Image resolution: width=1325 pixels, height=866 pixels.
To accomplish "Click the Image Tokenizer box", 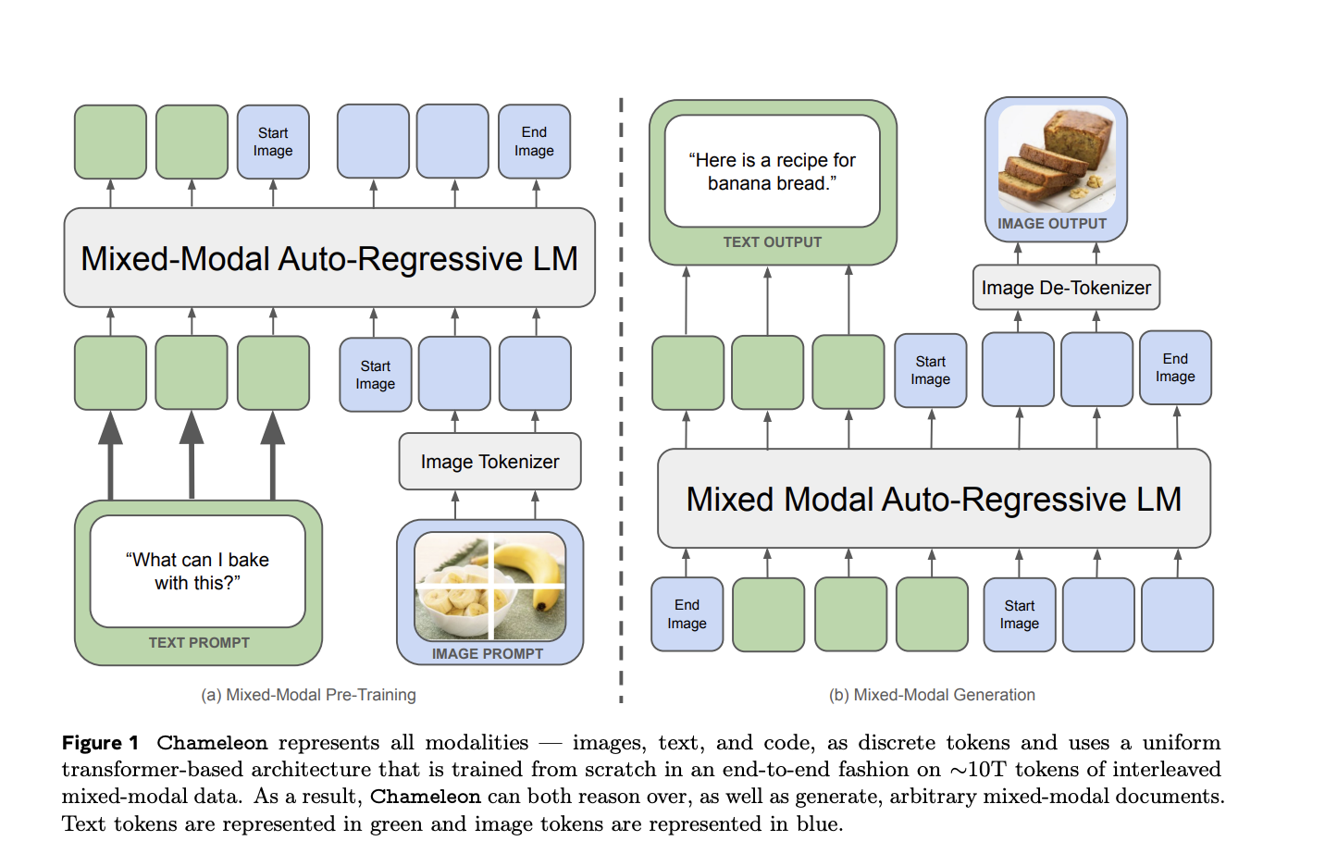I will [x=489, y=462].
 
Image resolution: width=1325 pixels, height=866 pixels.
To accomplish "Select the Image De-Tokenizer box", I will [x=1065, y=288].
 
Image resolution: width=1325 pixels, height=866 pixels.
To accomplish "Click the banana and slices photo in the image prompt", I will [x=489, y=586].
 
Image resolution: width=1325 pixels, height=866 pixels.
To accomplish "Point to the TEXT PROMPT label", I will [x=199, y=643].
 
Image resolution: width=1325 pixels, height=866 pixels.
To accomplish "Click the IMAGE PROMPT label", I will [x=488, y=654].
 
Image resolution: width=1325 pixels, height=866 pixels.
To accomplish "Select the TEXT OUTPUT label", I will [x=772, y=242].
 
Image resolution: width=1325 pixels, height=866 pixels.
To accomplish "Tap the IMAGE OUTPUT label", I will [x=1052, y=224].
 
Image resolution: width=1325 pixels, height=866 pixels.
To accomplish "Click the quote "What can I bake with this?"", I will [x=197, y=571].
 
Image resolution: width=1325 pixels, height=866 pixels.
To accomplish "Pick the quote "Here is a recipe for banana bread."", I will [x=772, y=172].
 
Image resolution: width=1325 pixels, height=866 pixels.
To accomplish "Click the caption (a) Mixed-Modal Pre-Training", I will [x=308, y=695].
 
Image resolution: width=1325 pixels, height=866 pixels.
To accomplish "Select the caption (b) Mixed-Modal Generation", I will [x=932, y=695].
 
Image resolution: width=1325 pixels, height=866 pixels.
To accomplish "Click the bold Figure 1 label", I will [x=100, y=743].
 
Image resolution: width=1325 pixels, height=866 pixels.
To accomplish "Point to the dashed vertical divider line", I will [x=621, y=398].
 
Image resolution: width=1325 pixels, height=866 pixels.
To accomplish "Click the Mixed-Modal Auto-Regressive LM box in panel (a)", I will [x=328, y=258].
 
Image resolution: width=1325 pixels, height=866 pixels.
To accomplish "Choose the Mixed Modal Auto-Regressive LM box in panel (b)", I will [x=933, y=500].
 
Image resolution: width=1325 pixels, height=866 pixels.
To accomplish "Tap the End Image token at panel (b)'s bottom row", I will [x=687, y=614].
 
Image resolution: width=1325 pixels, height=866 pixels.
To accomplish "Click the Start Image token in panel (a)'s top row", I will [x=273, y=142].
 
